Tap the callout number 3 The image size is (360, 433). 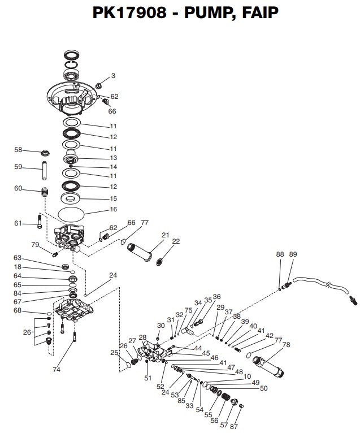point(113,75)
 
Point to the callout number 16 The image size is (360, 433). point(113,210)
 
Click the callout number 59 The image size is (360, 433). point(18,167)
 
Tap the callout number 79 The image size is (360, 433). point(35,245)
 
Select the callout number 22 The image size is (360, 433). point(176,241)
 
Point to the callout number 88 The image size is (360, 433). point(280,255)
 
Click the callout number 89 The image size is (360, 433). point(292,255)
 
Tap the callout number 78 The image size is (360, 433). point(286,345)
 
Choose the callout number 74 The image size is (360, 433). point(56,369)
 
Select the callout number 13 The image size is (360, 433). point(113,158)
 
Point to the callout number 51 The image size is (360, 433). point(148,378)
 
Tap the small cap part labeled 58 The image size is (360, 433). point(46,152)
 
